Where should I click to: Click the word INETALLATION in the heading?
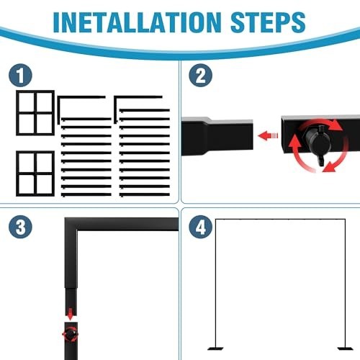click(x=137, y=22)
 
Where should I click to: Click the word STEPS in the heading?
click(x=268, y=22)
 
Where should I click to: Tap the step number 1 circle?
click(x=20, y=75)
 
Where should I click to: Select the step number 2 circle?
click(x=200, y=75)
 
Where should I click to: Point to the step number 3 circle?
click(x=20, y=227)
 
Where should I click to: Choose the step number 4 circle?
click(x=200, y=227)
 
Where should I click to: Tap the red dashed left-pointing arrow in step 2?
click(x=268, y=135)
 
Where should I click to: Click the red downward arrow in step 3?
click(x=70, y=315)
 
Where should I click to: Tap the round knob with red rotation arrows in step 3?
click(x=71, y=335)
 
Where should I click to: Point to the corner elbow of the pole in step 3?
click(x=71, y=224)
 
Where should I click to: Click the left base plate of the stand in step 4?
click(x=215, y=348)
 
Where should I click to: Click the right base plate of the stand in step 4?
click(x=346, y=348)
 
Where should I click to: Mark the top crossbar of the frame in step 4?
click(x=280, y=220)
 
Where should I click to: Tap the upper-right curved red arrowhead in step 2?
click(x=336, y=125)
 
